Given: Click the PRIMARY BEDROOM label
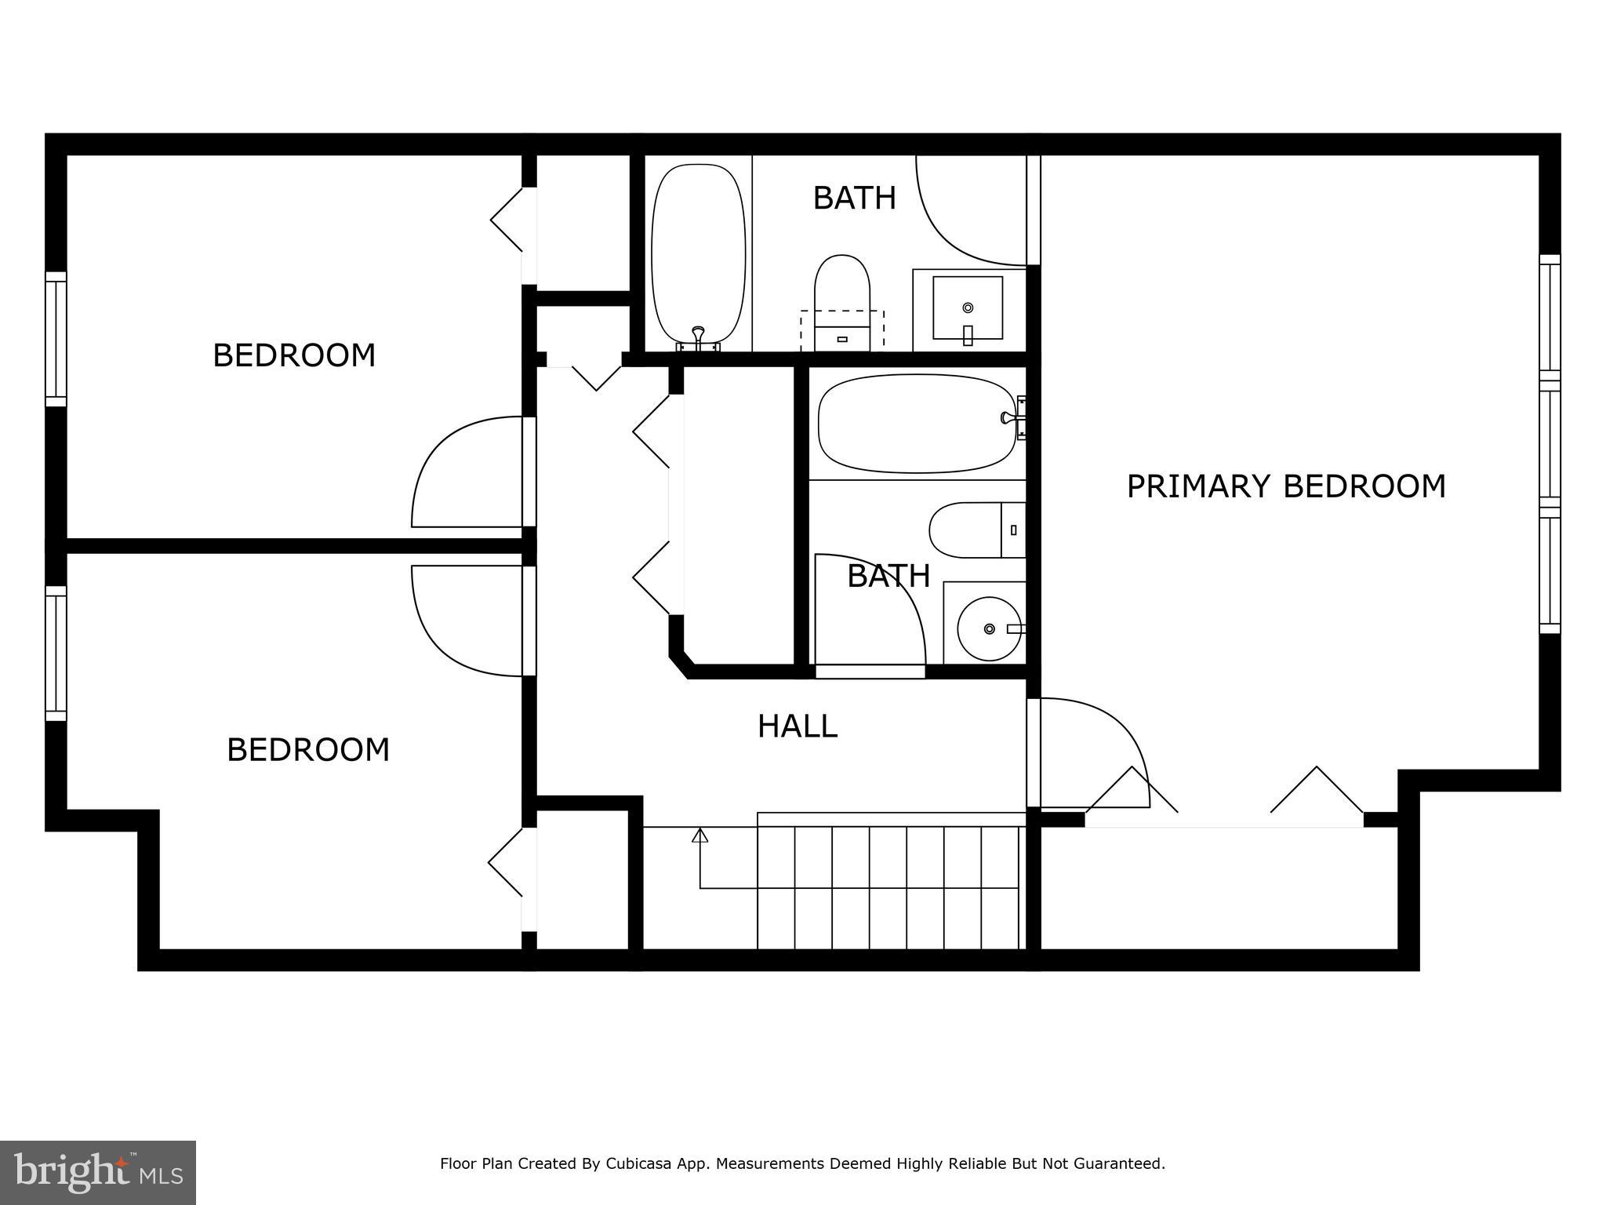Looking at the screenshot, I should coord(1285,486).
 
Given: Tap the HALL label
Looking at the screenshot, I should coord(797,726).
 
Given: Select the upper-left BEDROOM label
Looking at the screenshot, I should coord(294,355).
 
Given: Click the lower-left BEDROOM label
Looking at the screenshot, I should coord(308,750).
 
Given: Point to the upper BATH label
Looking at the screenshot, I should coord(854,198).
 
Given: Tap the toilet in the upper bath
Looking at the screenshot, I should coord(842,302).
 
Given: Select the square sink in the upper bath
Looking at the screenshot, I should coord(967,308).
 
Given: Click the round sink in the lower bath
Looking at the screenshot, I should coord(990,628).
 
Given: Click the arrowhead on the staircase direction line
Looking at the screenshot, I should coord(699,835).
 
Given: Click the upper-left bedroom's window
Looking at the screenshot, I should coord(56,339).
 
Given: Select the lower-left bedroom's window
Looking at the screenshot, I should coord(56,653).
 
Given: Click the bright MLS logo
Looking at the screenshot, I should coord(97,1172).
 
